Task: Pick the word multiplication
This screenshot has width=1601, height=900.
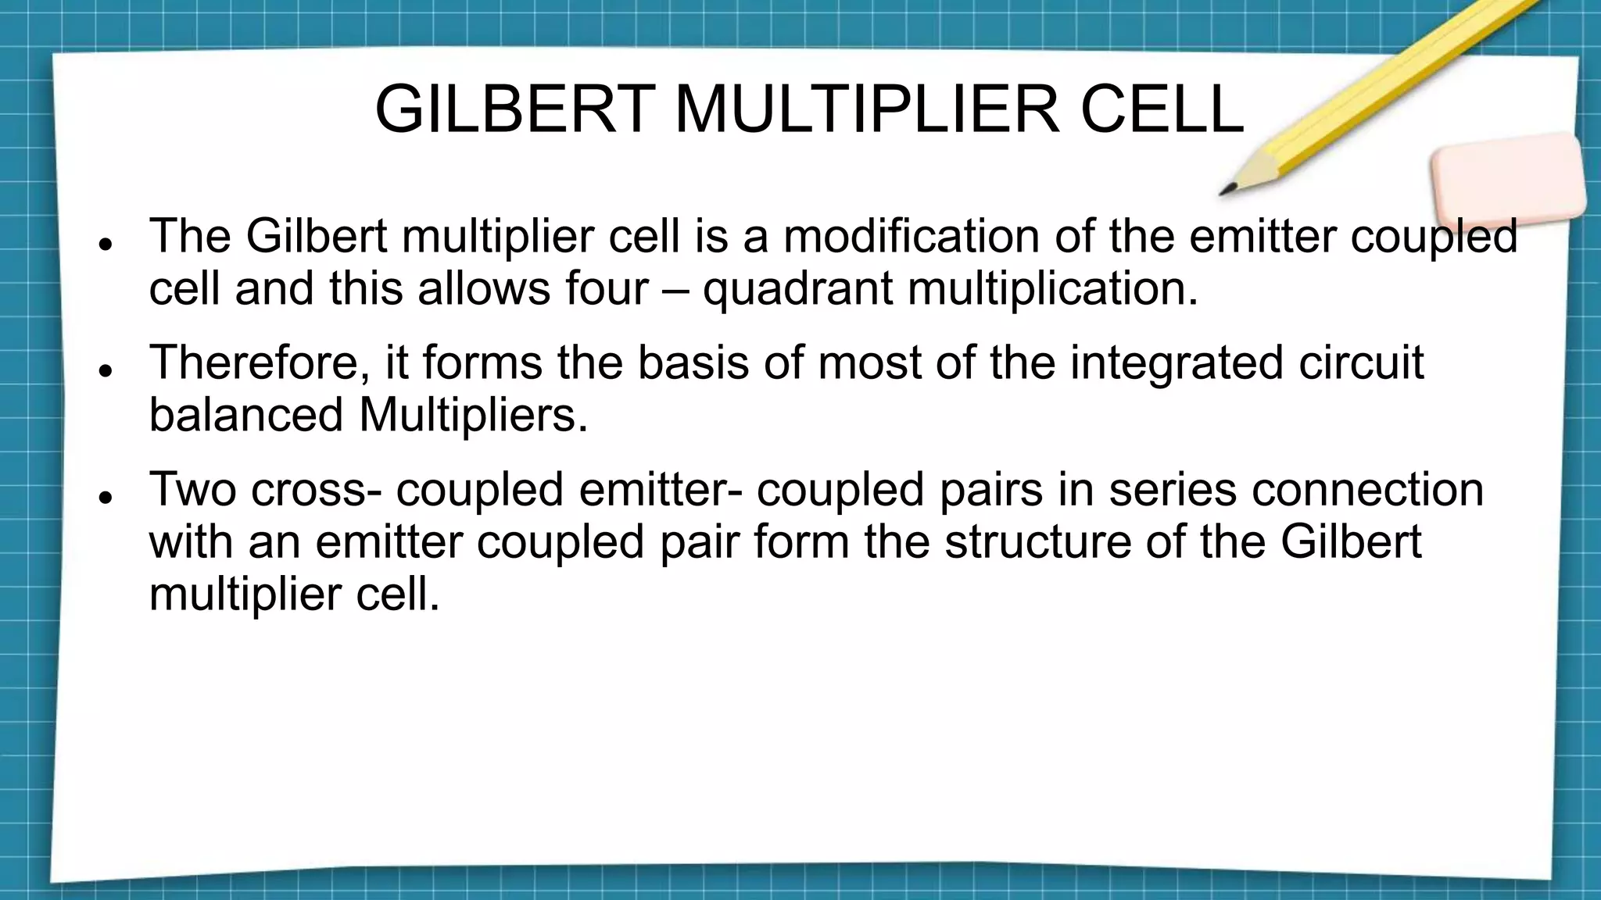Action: tap(1053, 288)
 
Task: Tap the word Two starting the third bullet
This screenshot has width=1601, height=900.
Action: tap(192, 489)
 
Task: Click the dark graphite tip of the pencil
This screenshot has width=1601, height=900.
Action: tap(1226, 191)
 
